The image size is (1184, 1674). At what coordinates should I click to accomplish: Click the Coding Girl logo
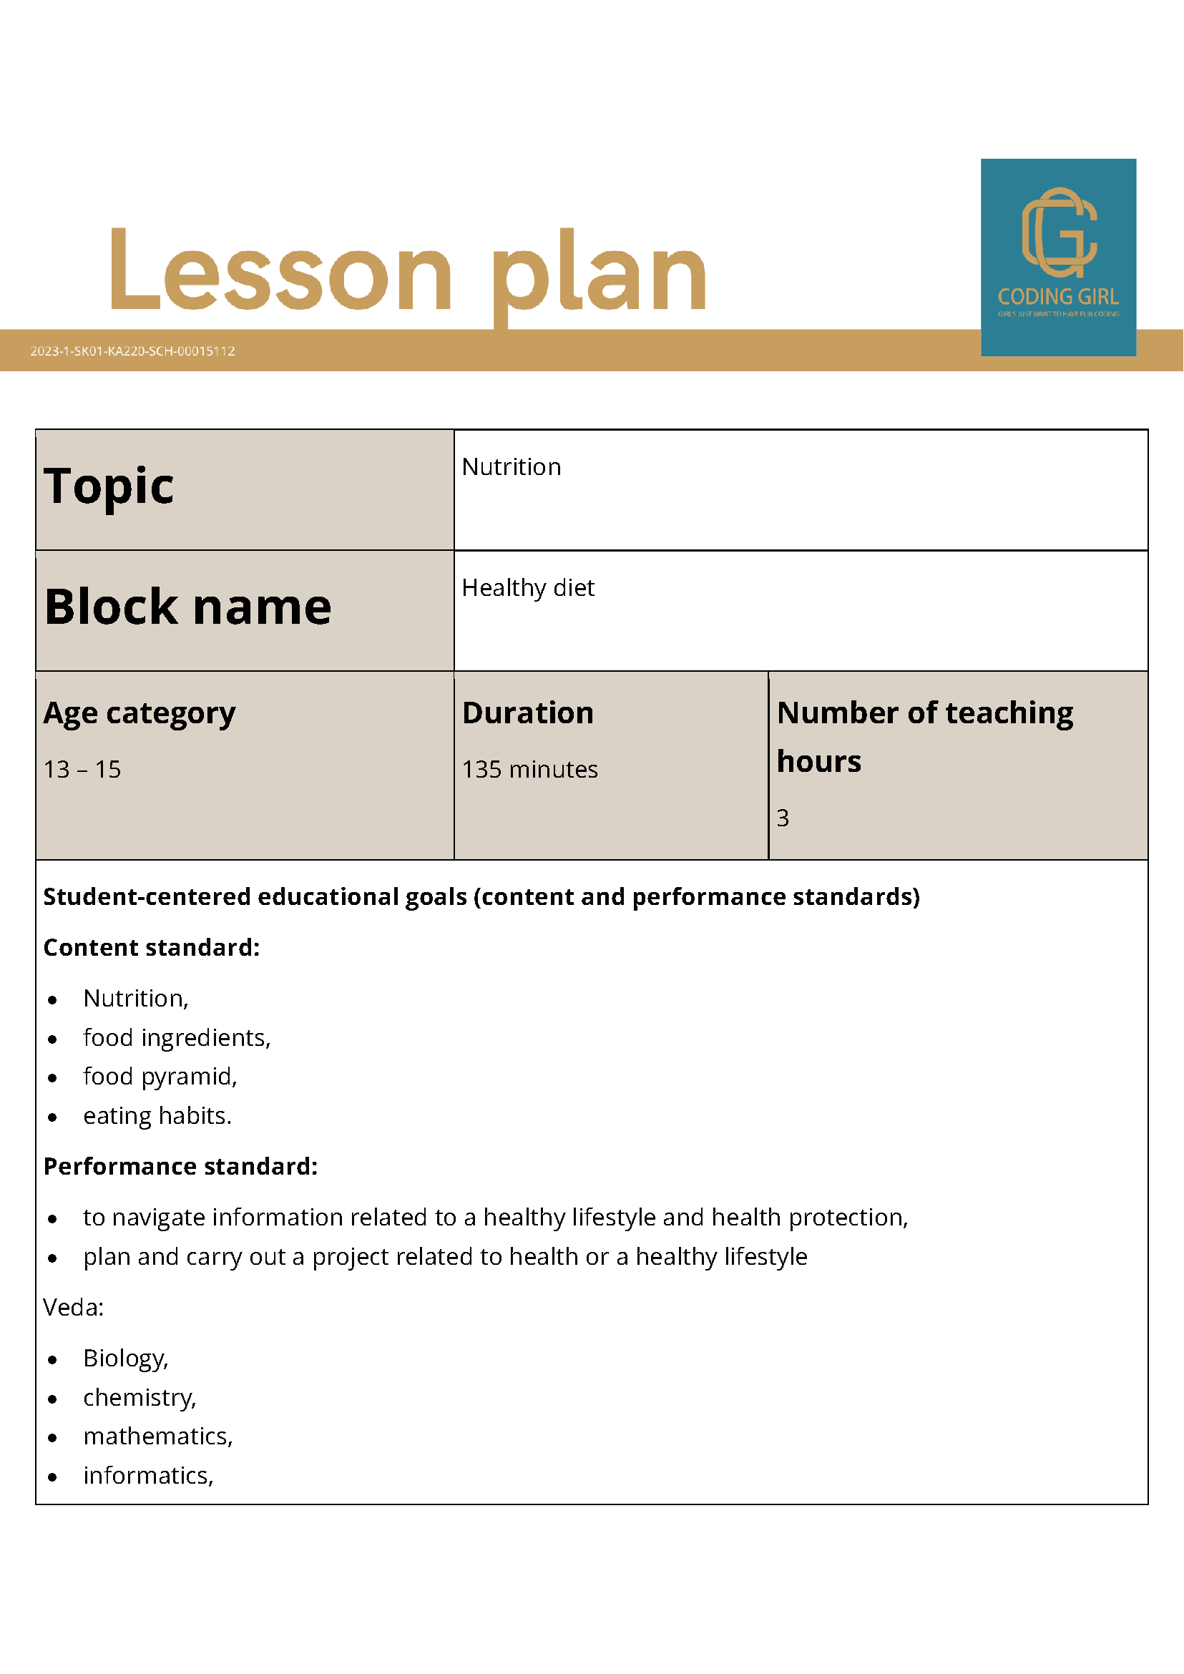1058,257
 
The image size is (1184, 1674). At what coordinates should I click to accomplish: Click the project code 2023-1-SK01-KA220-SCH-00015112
132,351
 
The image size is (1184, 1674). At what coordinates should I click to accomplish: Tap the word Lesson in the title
280,271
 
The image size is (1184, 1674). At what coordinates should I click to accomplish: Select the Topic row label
109,486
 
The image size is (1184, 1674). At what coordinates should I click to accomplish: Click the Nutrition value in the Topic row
511,467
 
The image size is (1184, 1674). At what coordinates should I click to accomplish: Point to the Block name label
188,607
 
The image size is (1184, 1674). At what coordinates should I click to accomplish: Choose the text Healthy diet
528,587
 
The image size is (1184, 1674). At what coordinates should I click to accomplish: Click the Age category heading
140,713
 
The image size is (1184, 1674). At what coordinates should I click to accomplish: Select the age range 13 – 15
82,769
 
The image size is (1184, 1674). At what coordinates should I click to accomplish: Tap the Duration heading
528,713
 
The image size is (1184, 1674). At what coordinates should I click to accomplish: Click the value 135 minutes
529,769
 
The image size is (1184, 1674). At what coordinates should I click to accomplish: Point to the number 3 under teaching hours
782,818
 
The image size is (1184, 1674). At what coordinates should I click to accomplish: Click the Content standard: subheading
152,947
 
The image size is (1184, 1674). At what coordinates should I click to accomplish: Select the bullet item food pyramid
160,1076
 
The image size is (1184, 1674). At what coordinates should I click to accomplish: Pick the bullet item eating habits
157,1115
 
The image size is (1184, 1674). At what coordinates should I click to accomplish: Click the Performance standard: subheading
181,1166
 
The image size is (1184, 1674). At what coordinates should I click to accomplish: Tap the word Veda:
74,1307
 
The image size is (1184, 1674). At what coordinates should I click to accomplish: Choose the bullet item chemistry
140,1397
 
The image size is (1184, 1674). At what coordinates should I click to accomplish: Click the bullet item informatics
148,1475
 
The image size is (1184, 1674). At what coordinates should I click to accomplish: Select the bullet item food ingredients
177,1037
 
